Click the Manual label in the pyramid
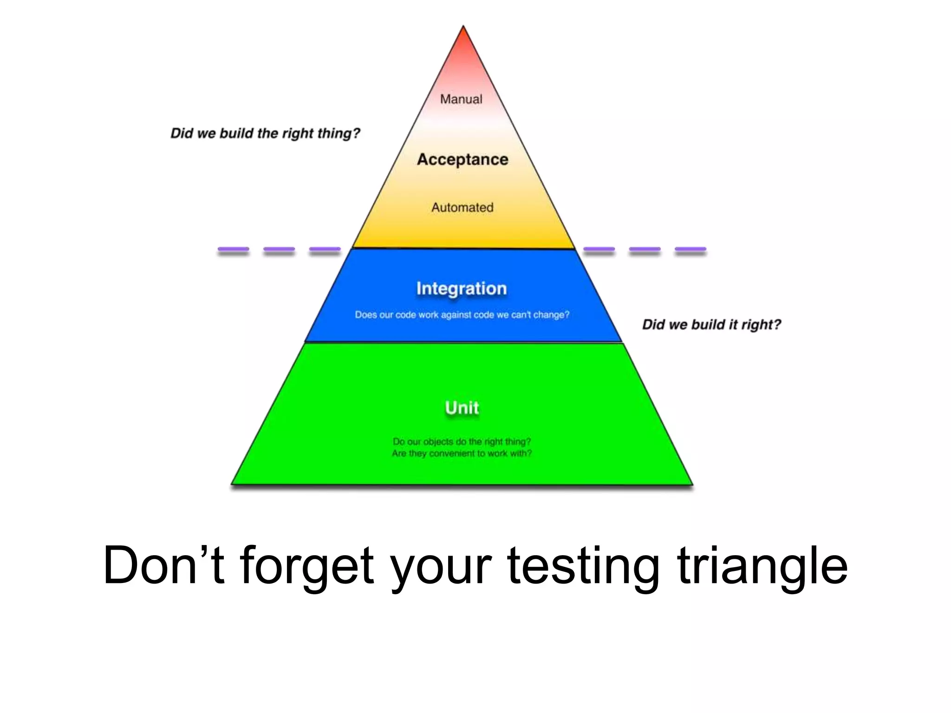(x=461, y=99)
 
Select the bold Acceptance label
(x=462, y=159)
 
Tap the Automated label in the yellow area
(x=462, y=207)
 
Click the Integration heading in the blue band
(x=461, y=289)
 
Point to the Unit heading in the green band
(x=462, y=408)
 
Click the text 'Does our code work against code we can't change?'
(x=462, y=315)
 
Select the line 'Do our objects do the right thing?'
(x=462, y=441)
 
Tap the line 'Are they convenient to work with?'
(x=462, y=454)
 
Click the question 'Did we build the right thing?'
(x=265, y=134)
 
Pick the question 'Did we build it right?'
(x=711, y=324)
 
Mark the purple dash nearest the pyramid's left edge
(x=325, y=250)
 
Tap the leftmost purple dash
(x=234, y=250)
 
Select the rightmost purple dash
(x=690, y=250)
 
